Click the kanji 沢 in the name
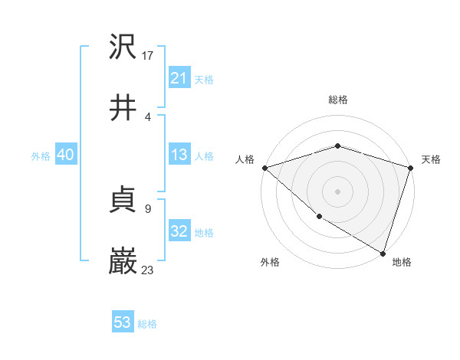tap(123, 46)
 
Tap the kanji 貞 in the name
tap(123, 200)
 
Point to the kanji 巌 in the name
tap(123, 261)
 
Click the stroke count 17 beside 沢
tap(149, 55)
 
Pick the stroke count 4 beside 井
tap(147, 116)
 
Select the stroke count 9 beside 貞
tap(147, 208)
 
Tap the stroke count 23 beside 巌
tap(149, 270)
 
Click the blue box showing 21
tap(179, 78)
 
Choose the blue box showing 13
tap(179, 155)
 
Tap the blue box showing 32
tap(179, 231)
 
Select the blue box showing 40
tap(66, 155)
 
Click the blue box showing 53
tap(123, 322)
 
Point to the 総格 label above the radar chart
tap(338, 100)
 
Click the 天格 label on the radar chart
tap(431, 159)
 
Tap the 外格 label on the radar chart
tap(270, 262)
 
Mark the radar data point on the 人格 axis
tap(264, 168)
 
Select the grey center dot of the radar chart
tap(337, 191)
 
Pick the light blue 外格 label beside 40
tap(41, 155)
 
